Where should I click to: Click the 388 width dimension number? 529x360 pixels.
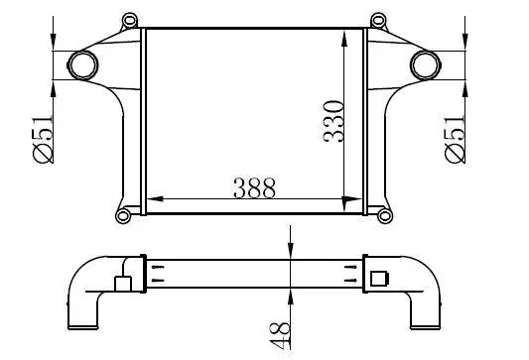coord(255,187)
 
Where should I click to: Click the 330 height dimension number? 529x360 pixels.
coord(333,121)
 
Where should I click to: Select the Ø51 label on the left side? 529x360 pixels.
coord(43,140)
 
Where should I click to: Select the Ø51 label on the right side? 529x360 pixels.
coord(456,140)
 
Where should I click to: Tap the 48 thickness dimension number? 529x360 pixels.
coord(280,336)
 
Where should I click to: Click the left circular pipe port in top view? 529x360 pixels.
coord(83,65)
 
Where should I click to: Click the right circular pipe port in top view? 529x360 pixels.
coord(426,65)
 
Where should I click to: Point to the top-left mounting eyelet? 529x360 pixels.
coord(130,20)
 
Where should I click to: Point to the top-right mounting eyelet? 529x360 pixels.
coord(378,20)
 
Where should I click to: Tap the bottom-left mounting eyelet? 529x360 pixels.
coord(123,215)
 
